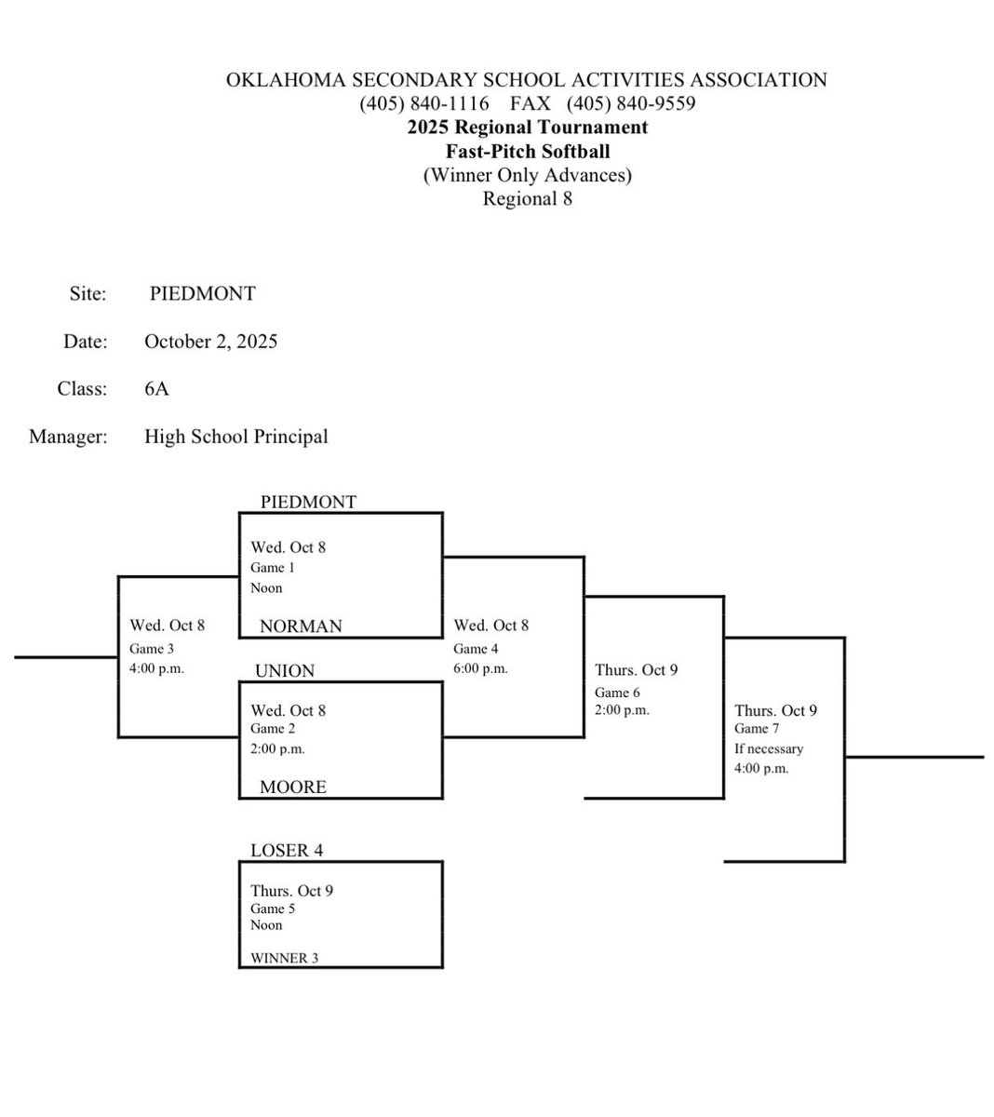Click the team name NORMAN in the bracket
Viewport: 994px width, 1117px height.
[x=301, y=626]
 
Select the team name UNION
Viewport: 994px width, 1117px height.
[x=284, y=671]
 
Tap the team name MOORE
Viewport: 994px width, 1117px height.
[x=293, y=787]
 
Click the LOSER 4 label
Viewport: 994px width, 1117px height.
[x=287, y=851]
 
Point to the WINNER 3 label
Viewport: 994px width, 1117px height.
[x=284, y=958]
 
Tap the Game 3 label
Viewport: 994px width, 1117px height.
[x=152, y=649]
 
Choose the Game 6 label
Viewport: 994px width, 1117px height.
[x=618, y=693]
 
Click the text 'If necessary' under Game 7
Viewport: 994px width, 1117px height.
[x=769, y=748]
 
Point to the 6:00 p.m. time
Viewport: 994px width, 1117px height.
[x=480, y=668]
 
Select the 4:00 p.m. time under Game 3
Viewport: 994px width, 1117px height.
[x=157, y=668]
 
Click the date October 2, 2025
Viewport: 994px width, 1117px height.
[x=210, y=342]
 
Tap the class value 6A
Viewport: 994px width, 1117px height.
[x=156, y=389]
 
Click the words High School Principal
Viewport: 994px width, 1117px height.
[x=236, y=437]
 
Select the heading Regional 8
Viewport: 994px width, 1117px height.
[x=527, y=198]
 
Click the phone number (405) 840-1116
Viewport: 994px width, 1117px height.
[x=424, y=103]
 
